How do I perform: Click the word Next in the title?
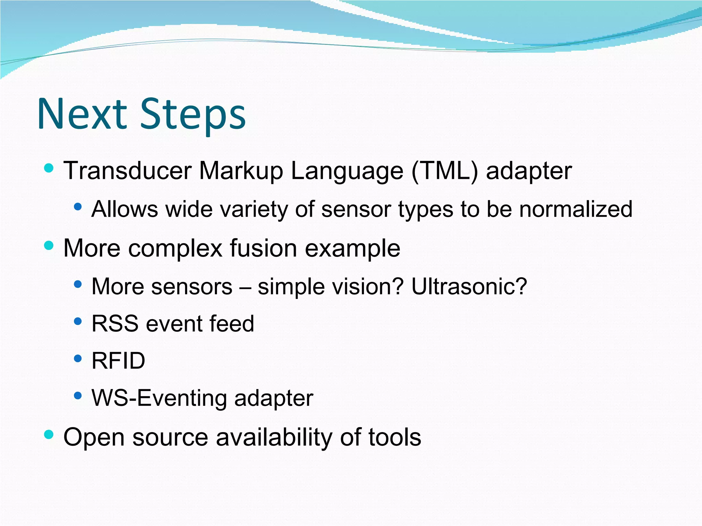(82, 114)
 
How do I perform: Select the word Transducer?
(128, 171)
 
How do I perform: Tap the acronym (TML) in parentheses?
(445, 171)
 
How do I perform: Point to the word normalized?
(576, 209)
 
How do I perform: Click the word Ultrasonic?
(469, 287)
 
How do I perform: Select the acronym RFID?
(118, 361)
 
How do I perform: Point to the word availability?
(274, 437)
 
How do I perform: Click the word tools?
(395, 437)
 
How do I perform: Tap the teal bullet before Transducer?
(49, 168)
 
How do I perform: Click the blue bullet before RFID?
(78, 359)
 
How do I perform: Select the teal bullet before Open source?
(49, 435)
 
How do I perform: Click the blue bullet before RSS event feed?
(78, 321)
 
